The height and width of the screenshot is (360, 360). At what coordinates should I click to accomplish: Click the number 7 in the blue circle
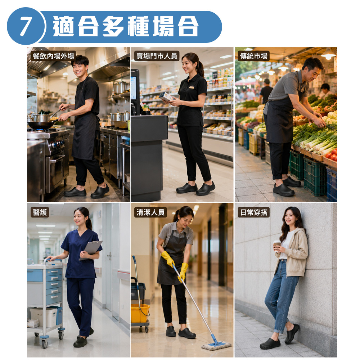coord(25,26)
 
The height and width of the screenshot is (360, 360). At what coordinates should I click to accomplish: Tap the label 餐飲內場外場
coord(53,56)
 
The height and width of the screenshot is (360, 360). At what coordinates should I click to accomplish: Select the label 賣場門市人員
coord(157,56)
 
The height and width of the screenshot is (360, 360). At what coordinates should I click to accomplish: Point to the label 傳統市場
coord(253,56)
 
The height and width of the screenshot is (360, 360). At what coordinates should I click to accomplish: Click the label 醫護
coord(40,213)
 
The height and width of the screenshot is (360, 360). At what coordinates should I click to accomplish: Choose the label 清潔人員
coord(150,213)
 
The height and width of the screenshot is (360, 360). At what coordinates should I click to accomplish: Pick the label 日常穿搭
coord(254,213)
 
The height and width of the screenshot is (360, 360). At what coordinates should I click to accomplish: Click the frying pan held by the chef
coord(41,125)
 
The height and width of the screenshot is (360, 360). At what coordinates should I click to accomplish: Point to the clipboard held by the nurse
coord(91,250)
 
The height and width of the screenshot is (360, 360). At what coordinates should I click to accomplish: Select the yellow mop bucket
coord(140,314)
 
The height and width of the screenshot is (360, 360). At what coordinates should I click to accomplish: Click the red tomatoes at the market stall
coord(332,154)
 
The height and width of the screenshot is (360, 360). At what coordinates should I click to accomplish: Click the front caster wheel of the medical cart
coord(45,343)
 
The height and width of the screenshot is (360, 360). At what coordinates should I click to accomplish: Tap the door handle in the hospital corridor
coord(109,255)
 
